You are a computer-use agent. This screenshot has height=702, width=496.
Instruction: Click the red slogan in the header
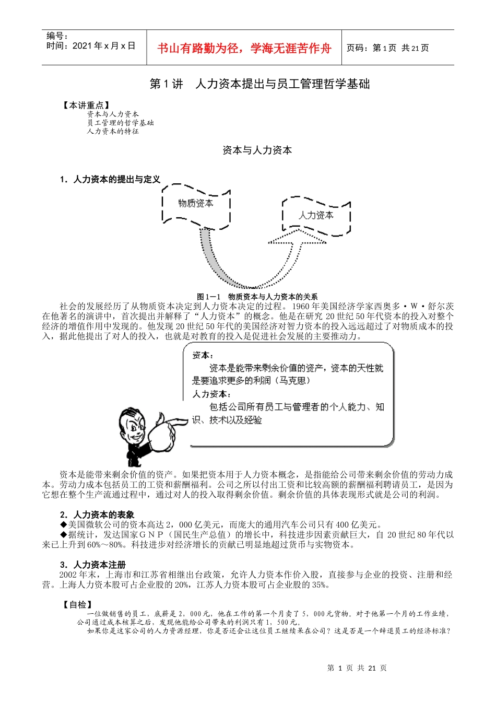pyautogui.click(x=244, y=49)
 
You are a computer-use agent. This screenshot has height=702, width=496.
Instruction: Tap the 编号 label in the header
pyautogui.click(x=57, y=36)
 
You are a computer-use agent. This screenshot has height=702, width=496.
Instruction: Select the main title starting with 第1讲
pyautogui.click(x=259, y=84)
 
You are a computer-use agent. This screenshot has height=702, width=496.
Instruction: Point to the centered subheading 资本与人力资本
pyautogui.click(x=257, y=150)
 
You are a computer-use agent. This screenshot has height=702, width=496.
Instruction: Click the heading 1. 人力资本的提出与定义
pyautogui.click(x=110, y=180)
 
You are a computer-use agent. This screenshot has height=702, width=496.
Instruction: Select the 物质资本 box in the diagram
pyautogui.click(x=196, y=204)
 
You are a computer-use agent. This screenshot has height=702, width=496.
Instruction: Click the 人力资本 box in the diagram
pyautogui.click(x=316, y=215)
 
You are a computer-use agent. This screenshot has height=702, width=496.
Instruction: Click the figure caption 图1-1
pyautogui.click(x=257, y=297)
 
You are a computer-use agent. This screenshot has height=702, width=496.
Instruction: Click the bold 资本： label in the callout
pyautogui.click(x=201, y=355)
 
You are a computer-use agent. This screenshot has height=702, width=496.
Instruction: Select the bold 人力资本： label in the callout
pyautogui.click(x=211, y=394)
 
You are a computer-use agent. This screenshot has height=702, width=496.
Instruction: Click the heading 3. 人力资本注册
pyautogui.click(x=93, y=565)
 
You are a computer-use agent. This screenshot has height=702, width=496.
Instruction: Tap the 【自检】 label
pyautogui.click(x=77, y=604)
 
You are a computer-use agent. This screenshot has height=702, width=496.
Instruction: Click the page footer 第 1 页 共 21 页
pyautogui.click(x=357, y=668)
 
